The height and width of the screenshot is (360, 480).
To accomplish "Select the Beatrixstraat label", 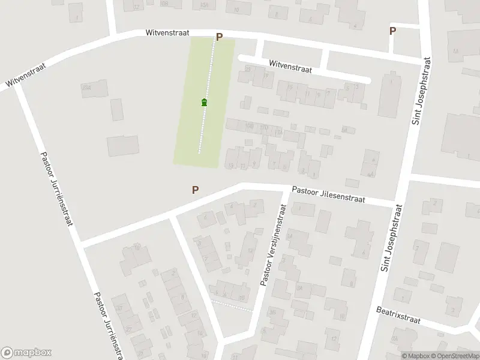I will coord(399,316).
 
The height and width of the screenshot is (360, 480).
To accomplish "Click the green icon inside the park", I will coord(205,102).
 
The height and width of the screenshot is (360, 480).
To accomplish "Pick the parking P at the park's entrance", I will coord(219,37).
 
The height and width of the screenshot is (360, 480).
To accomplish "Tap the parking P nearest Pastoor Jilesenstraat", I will coord(195,190).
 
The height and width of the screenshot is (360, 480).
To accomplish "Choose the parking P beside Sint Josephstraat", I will coord(392,31).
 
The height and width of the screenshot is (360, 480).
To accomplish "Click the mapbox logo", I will coord(26,352).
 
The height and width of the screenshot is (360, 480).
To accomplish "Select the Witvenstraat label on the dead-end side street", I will coord(290,66).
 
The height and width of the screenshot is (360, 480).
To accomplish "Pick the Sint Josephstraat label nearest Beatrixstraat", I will coord(391,236).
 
